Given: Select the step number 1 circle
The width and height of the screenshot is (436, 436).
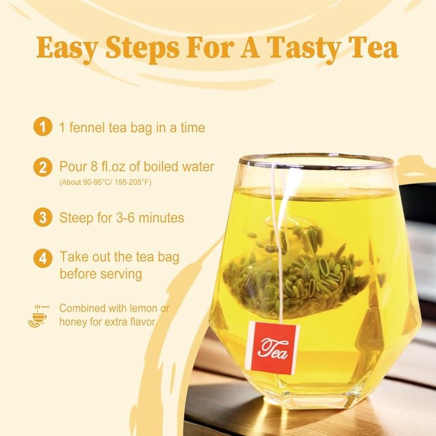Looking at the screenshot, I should [x=42, y=127].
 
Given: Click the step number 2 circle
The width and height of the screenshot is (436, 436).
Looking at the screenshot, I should [x=42, y=168].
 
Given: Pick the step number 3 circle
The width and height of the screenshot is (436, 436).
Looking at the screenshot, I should [x=42, y=218].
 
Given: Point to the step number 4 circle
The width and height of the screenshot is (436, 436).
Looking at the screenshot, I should [x=42, y=258].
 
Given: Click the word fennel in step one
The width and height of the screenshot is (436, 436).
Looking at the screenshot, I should [x=87, y=128].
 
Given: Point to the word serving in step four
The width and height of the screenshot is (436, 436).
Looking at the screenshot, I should [x=119, y=274].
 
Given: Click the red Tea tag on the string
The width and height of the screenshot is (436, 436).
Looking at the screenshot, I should [x=272, y=347].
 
